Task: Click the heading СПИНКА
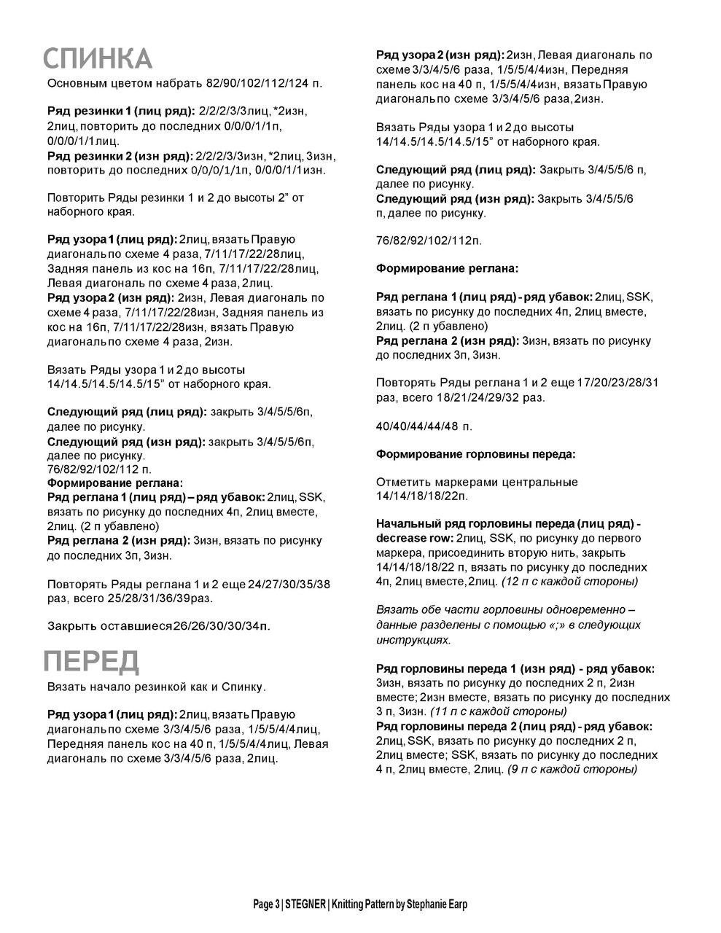click(x=98, y=58)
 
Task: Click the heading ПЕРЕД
click(x=91, y=661)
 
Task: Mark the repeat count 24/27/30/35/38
click(x=289, y=584)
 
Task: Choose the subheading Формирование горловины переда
click(x=475, y=454)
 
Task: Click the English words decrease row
click(x=414, y=538)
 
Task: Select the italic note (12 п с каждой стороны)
click(x=569, y=581)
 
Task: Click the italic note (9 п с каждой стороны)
click(x=572, y=769)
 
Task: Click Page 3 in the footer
click(x=266, y=905)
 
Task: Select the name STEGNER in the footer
click(x=305, y=905)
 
